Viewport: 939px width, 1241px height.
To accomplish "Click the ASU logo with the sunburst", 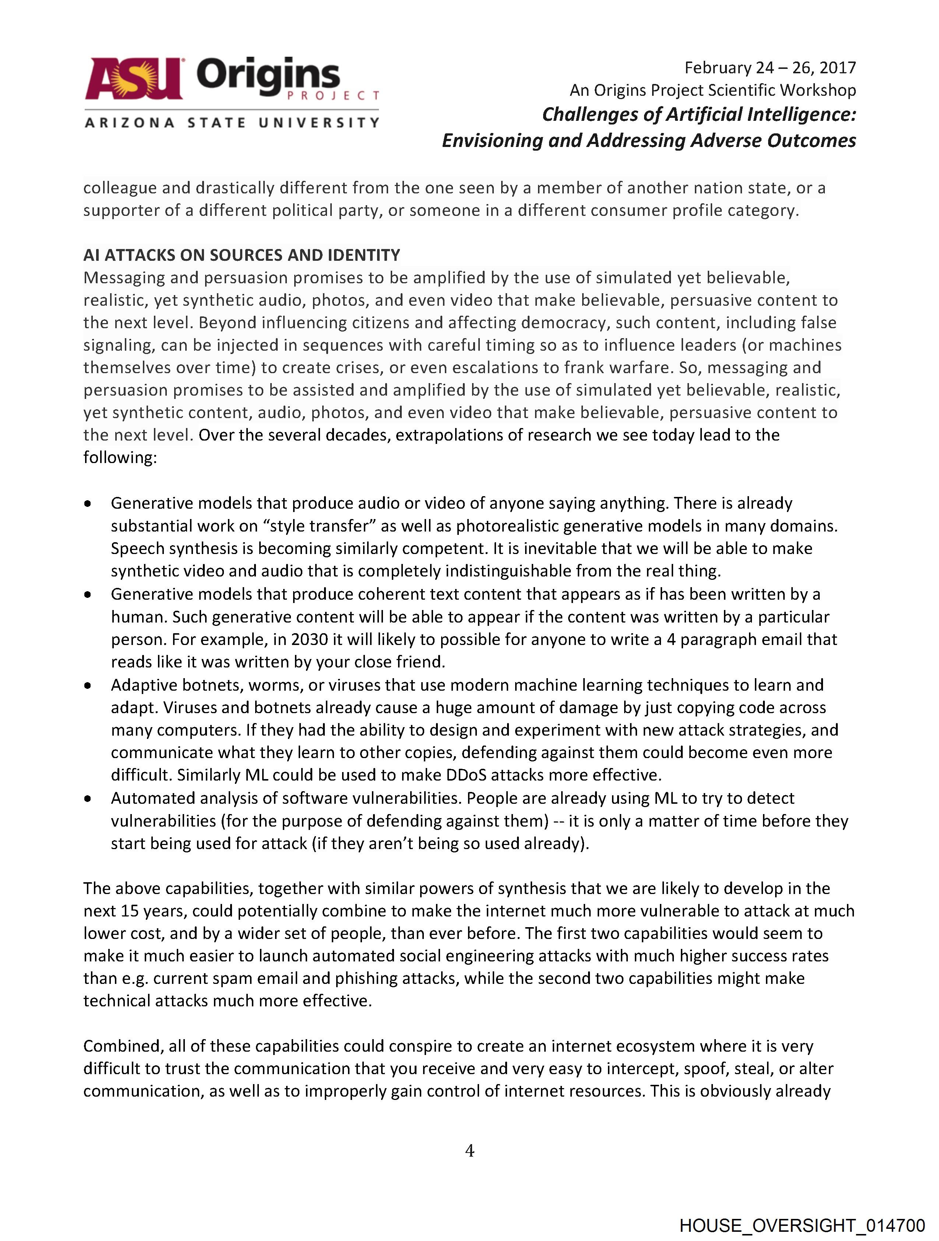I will pos(134,78).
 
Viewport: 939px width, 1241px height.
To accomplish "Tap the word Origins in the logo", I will pos(268,76).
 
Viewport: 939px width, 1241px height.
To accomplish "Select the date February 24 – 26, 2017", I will pos(770,67).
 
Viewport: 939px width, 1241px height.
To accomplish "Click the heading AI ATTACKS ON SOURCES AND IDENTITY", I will pos(242,255).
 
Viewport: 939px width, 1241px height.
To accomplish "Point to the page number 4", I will pos(469,1151).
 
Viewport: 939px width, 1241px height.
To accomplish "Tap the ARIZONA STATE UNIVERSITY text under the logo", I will pos(232,122).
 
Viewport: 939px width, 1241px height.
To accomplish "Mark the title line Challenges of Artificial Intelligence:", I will pos(699,115).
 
